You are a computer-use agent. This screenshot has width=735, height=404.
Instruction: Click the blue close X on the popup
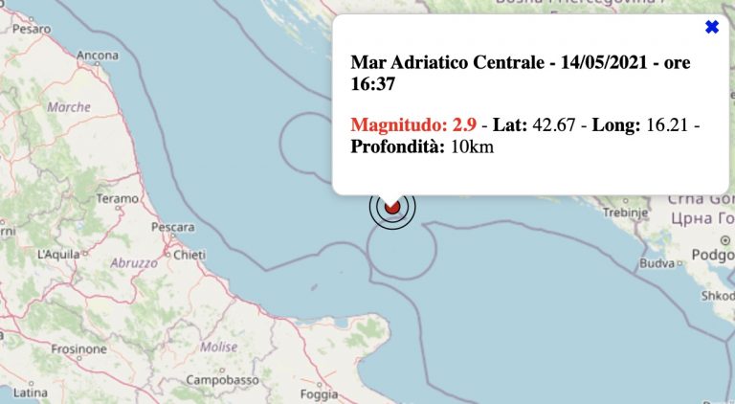711,28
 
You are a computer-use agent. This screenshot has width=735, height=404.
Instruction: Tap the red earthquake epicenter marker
391,206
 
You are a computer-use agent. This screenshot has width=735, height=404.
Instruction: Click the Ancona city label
98,55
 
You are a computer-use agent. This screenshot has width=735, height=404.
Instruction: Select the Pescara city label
173,228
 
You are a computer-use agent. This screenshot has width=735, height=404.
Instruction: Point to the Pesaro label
32,29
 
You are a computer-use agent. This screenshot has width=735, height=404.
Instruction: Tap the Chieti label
189,254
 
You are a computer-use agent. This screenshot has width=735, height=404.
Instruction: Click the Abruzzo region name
133,262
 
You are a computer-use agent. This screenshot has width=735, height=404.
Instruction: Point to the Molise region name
219,346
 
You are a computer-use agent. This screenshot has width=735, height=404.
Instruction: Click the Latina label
30,393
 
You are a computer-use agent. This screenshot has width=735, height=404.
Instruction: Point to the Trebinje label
618,211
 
